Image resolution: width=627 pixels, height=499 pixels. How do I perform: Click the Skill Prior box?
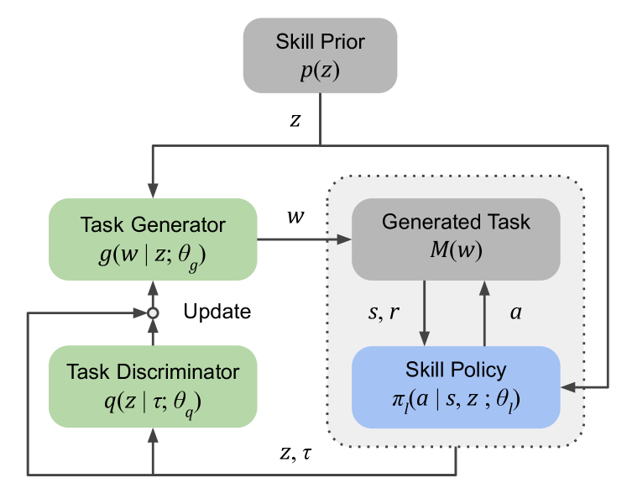320,55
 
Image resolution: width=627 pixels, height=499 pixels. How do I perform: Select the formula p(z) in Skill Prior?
320,71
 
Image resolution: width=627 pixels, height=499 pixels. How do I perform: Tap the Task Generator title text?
153,225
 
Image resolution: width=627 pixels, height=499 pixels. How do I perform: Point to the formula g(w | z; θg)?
153,253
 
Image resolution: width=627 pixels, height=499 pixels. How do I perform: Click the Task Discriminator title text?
153,372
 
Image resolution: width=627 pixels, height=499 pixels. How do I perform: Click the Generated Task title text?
456,223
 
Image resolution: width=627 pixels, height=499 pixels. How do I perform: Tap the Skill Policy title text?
456,370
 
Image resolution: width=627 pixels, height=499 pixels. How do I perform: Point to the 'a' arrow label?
515,313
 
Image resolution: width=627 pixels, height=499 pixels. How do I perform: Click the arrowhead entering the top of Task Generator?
153,192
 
